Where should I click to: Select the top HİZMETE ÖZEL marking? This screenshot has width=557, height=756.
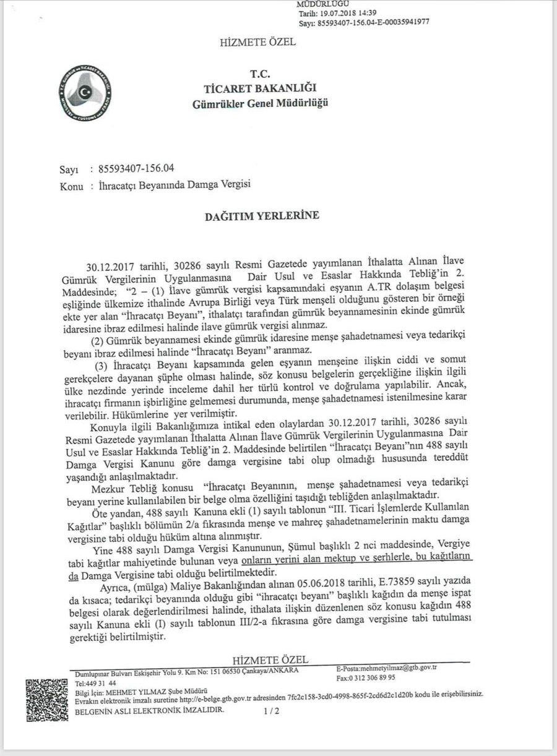[257, 42]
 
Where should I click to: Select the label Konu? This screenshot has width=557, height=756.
[72, 184]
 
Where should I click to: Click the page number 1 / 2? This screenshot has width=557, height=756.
[272, 711]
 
